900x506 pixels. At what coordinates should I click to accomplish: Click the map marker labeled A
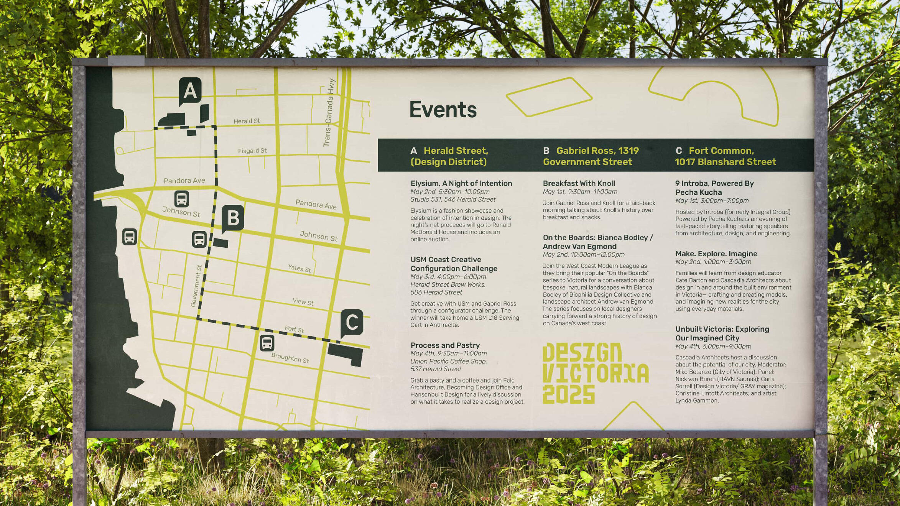tap(190, 91)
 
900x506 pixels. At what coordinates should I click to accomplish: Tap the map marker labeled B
tap(233, 218)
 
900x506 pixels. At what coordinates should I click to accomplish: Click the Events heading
tap(443, 110)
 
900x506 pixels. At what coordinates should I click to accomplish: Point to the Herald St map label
tap(247, 121)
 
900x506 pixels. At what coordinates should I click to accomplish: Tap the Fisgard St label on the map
tap(252, 151)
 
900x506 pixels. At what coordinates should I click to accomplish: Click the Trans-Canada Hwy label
tap(329, 113)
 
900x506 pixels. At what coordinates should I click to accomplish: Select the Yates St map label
tap(299, 268)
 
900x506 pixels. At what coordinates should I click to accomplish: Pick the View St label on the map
tap(303, 302)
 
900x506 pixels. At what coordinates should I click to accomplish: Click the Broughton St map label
tap(290, 358)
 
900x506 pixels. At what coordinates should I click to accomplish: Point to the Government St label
tap(196, 286)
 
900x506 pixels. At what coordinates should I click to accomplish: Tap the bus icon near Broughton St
tap(267, 343)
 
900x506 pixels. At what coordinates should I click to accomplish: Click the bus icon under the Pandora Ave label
tap(181, 199)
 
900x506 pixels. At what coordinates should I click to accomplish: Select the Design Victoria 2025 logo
tap(596, 373)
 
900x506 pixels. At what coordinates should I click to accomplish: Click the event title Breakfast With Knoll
tap(579, 184)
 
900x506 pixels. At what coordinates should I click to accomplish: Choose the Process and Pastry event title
tap(445, 345)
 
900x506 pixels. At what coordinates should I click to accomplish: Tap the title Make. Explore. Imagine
tap(716, 254)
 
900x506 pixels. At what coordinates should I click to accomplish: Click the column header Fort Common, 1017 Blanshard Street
tap(725, 156)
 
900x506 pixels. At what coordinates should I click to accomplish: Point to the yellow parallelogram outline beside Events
tap(549, 97)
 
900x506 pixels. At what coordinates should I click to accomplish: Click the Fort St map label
tap(294, 329)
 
